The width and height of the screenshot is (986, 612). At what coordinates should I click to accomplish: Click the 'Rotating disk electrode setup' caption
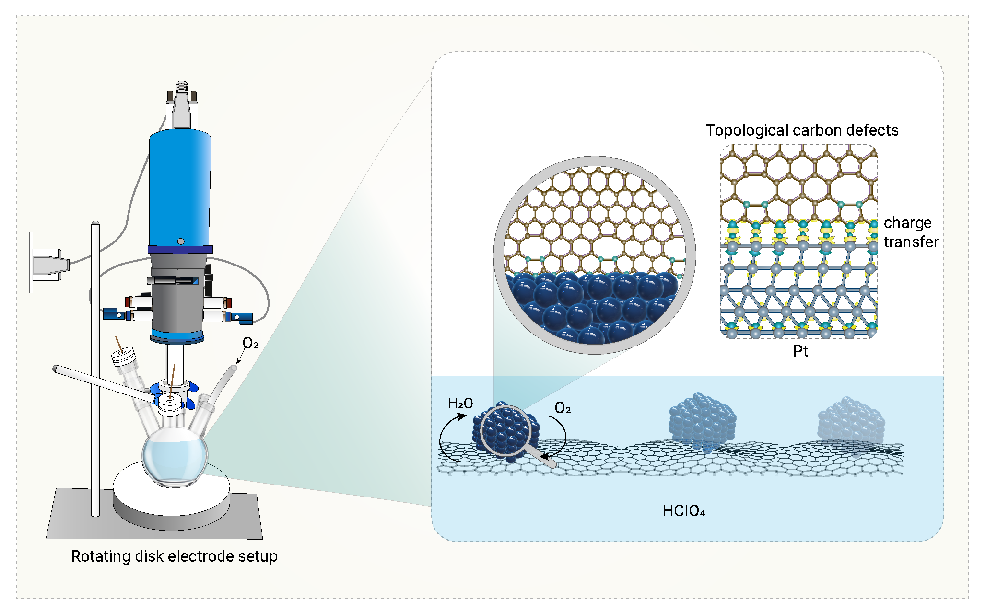[x=175, y=556]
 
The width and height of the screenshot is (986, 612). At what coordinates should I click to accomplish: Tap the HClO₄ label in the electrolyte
[x=684, y=511]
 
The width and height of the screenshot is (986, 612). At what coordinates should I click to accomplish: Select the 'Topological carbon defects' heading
[x=802, y=130]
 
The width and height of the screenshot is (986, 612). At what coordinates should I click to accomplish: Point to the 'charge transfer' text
[x=911, y=232]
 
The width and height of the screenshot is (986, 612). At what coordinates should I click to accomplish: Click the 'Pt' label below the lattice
[x=800, y=351]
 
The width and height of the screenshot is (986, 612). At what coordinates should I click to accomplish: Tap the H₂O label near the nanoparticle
[x=460, y=404]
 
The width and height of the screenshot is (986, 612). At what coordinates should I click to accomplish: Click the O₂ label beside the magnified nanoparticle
[x=563, y=408]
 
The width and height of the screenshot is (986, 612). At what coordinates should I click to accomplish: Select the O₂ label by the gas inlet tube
[x=250, y=343]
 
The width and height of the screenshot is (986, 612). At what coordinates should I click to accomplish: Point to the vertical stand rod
[x=95, y=369]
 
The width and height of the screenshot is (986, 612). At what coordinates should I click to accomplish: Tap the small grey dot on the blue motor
[x=181, y=241]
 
